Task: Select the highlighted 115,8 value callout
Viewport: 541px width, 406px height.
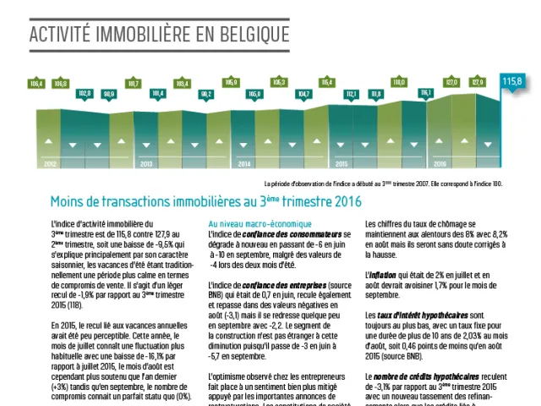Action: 512,81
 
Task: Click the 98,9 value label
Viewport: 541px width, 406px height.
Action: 109,93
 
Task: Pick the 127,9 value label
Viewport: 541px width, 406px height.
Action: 478,82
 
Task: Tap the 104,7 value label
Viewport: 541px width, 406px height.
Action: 304,93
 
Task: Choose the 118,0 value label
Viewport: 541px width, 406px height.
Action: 399,83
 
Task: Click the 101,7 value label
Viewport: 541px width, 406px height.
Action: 134,83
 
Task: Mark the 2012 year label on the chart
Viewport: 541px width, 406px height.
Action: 50,163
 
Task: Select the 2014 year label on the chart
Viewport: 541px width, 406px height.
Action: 244,163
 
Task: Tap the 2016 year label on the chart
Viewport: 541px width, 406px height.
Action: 440,163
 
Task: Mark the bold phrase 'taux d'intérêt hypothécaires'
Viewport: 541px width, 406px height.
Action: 418,315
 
